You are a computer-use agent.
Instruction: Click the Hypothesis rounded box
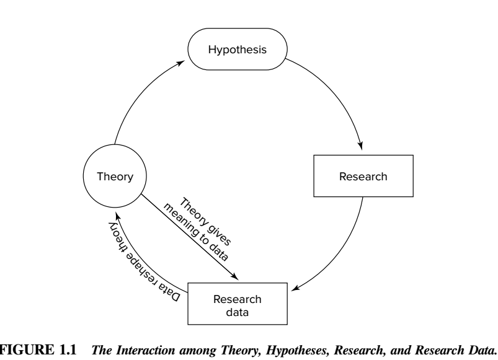239,50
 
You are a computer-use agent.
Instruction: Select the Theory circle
115,177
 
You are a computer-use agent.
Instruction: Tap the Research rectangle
363,177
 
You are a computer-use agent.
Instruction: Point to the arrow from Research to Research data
347,248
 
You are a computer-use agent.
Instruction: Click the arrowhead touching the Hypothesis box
187,62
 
